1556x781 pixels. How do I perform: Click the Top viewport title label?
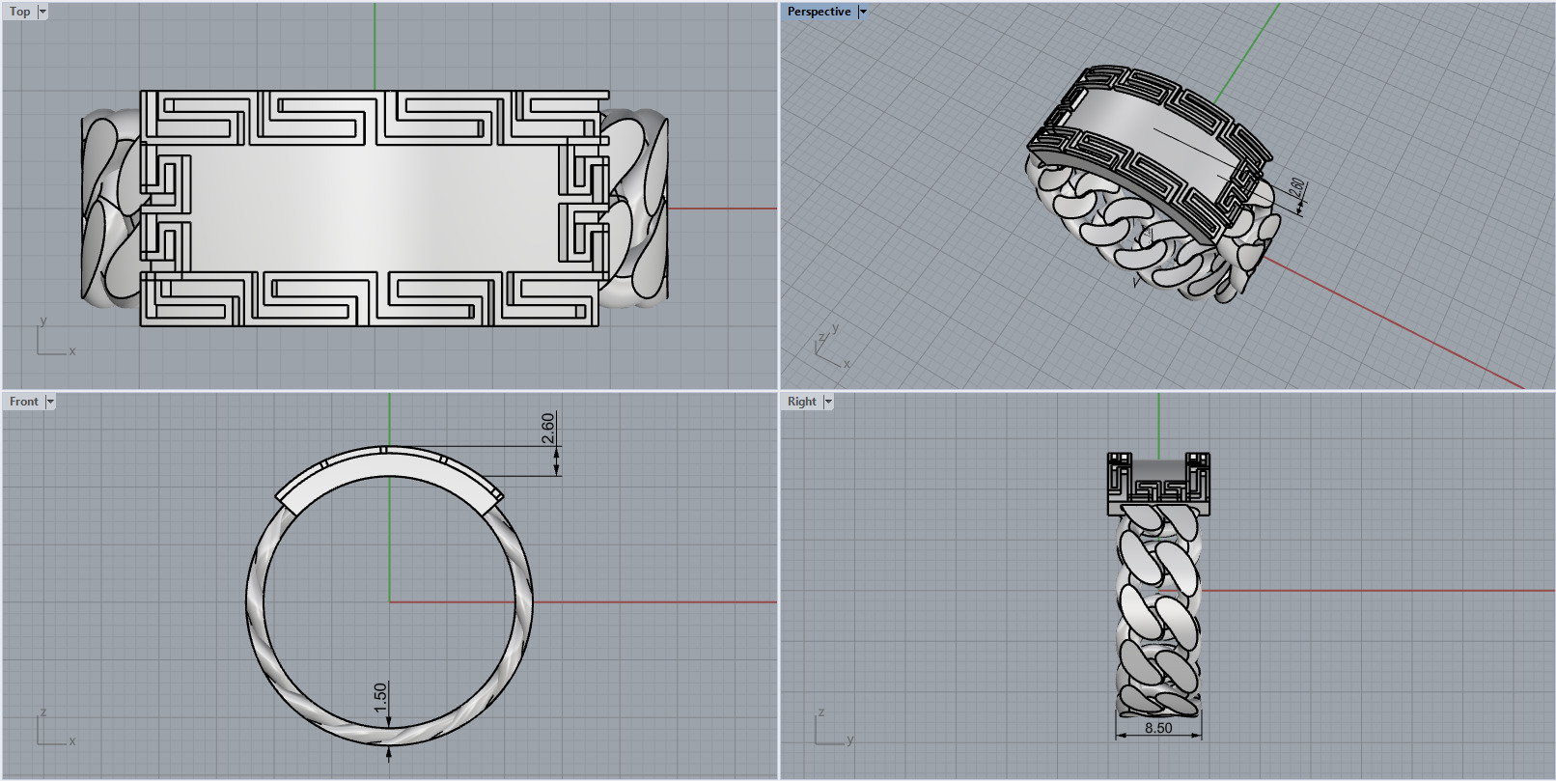tap(19, 12)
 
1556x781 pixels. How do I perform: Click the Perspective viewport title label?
tap(819, 12)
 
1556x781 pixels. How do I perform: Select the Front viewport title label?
tap(23, 402)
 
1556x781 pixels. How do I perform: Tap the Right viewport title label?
tap(801, 402)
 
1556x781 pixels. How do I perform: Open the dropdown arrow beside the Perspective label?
tap(863, 12)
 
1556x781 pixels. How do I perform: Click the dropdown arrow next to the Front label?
tap(50, 402)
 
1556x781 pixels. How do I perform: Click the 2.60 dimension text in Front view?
tap(548, 428)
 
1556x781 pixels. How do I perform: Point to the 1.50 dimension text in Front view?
tap(380, 697)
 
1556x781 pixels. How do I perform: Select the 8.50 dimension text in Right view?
tap(1158, 728)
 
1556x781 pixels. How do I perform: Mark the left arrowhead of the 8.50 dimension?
tap(1121, 736)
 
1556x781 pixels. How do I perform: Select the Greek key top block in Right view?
tap(1158, 484)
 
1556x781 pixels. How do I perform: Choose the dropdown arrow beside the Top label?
tap(42, 12)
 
